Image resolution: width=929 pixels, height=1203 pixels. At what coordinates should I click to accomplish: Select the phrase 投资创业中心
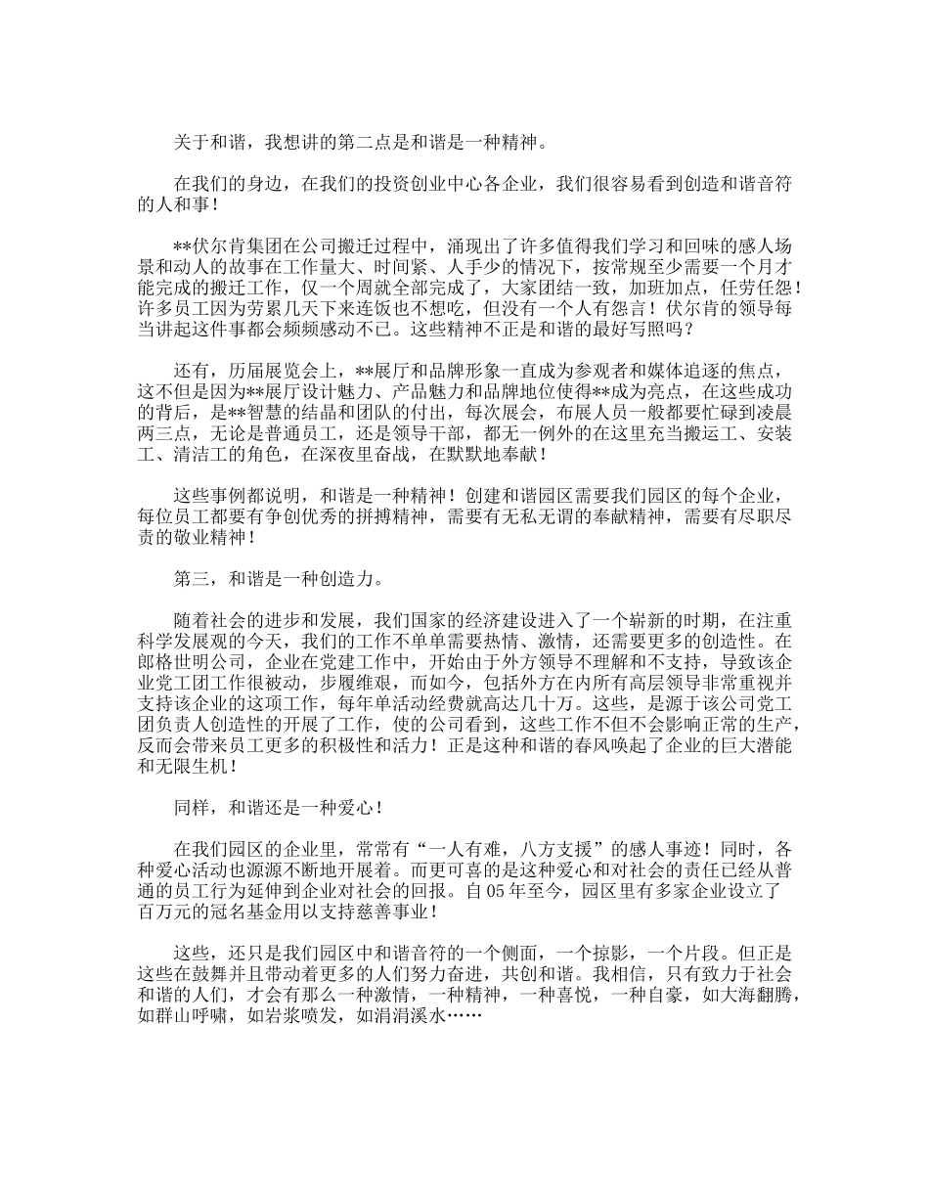[425, 185]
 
